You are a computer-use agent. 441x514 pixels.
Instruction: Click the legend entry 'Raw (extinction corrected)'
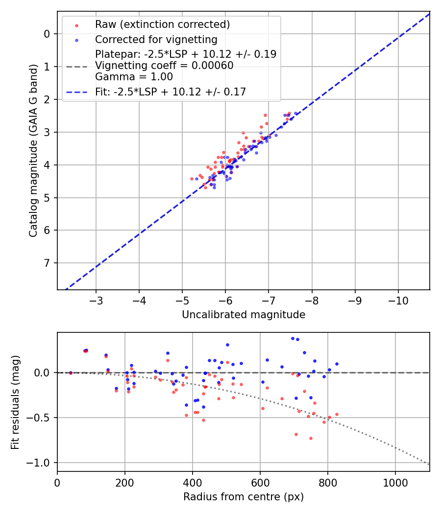tap(162, 24)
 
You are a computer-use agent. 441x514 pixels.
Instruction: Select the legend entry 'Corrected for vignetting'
tap(156, 39)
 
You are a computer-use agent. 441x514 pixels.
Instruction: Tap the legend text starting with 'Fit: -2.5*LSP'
tap(171, 92)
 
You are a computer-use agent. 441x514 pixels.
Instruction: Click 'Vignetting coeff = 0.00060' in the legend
tap(164, 65)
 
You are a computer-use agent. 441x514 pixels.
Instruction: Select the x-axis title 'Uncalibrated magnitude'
tap(244, 315)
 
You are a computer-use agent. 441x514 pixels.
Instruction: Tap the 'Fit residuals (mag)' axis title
tap(15, 402)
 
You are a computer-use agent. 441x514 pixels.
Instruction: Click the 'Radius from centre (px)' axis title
tap(244, 497)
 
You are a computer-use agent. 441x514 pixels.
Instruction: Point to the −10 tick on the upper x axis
tap(397, 299)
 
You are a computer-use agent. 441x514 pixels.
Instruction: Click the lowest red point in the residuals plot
tap(311, 438)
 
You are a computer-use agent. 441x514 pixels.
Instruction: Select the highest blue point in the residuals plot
tap(293, 338)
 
